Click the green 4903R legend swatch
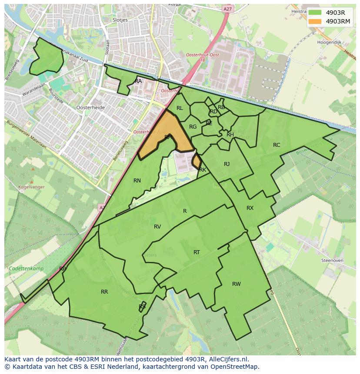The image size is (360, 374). [315, 13]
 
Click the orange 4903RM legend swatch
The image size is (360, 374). [315, 21]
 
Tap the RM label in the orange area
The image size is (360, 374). [168, 137]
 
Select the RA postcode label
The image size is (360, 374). [138, 81]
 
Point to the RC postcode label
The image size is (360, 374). [277, 145]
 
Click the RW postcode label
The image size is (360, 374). [236, 284]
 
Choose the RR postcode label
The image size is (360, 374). [104, 292]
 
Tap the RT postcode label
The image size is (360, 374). [197, 252]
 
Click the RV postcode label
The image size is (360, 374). [157, 227]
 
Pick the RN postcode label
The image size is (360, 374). [137, 181]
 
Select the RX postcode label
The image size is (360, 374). [250, 208]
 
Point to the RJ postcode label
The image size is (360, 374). [227, 164]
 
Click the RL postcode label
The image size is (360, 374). [180, 108]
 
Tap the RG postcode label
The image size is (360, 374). [193, 127]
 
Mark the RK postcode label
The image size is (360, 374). [203, 170]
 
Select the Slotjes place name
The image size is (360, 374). [120, 20]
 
